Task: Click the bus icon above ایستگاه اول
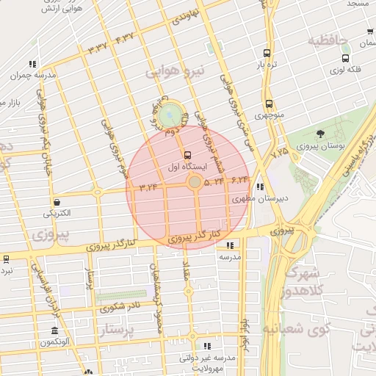(188, 155)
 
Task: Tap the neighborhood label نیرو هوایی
(173, 72)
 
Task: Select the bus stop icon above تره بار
(267, 53)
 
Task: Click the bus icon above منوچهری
(269, 104)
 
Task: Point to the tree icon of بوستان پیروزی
(320, 134)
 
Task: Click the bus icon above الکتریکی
(57, 202)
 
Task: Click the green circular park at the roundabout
(170, 114)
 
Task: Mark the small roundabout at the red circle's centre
(195, 181)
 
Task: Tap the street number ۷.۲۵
(279, 153)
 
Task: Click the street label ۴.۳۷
(124, 37)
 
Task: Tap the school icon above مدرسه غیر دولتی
(206, 345)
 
